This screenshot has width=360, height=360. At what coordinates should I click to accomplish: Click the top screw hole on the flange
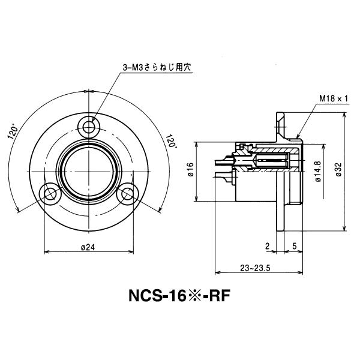pyautogui.click(x=91, y=127)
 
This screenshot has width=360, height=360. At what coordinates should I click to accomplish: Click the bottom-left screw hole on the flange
pyautogui.click(x=49, y=193)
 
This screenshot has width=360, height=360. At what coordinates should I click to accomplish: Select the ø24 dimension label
pyautogui.click(x=89, y=247)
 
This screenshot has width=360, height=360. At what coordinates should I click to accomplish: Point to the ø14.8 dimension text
pyautogui.click(x=316, y=170)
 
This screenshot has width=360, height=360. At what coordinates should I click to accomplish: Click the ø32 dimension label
pyautogui.click(x=338, y=170)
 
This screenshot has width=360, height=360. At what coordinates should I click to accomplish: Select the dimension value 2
pyautogui.click(x=267, y=245)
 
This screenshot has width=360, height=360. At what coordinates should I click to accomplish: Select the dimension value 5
pyautogui.click(x=295, y=245)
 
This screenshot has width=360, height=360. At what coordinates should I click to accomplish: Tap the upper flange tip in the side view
pyautogui.click(x=280, y=115)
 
